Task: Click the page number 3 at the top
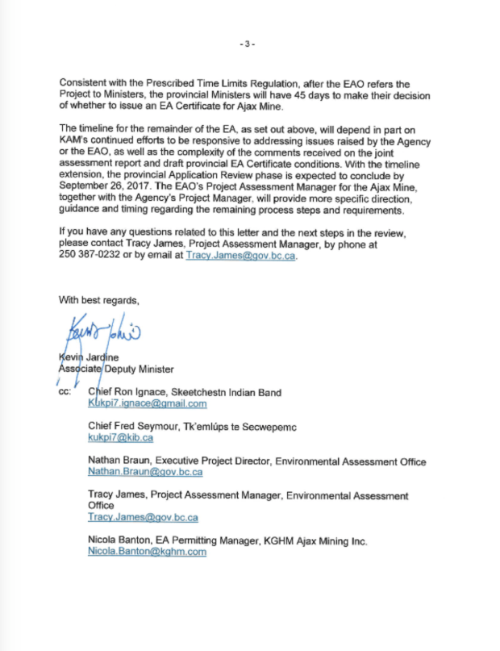[249, 44]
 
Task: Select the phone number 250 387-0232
[89, 256]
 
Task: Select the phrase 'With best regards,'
[99, 300]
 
